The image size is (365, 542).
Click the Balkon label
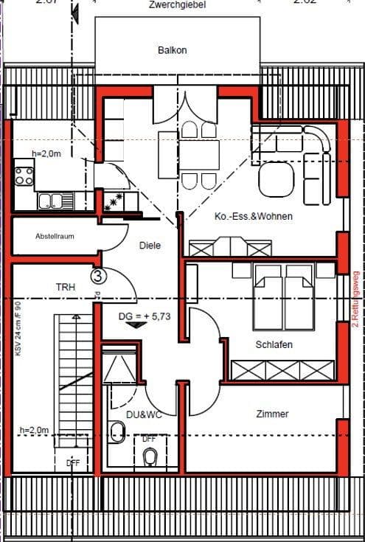click(x=172, y=50)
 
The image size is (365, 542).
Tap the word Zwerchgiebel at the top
click(x=176, y=4)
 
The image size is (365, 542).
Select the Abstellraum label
click(x=55, y=237)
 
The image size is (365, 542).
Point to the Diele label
click(x=150, y=246)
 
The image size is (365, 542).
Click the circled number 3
click(x=98, y=276)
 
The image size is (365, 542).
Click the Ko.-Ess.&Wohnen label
click(x=253, y=217)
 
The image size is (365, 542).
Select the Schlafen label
click(x=274, y=344)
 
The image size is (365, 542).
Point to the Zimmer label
click(x=272, y=414)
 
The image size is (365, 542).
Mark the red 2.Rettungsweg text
click(x=355, y=298)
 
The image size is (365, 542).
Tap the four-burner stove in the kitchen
click(x=24, y=176)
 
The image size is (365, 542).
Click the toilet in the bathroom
click(x=150, y=457)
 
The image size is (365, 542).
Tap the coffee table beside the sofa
click(x=276, y=178)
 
